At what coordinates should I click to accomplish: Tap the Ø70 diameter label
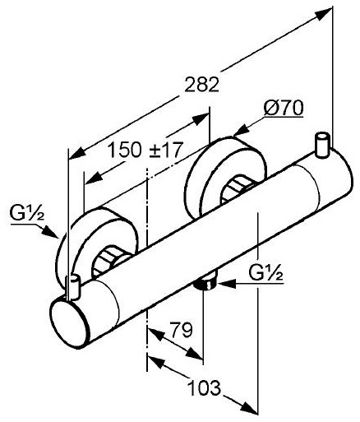(x=284, y=108)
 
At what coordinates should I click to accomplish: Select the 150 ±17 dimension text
(x=145, y=150)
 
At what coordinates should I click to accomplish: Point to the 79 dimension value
(x=181, y=330)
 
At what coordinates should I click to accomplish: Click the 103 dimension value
(x=205, y=387)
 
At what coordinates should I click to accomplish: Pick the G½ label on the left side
(x=26, y=214)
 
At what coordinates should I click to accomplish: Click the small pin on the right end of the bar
(x=322, y=145)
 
